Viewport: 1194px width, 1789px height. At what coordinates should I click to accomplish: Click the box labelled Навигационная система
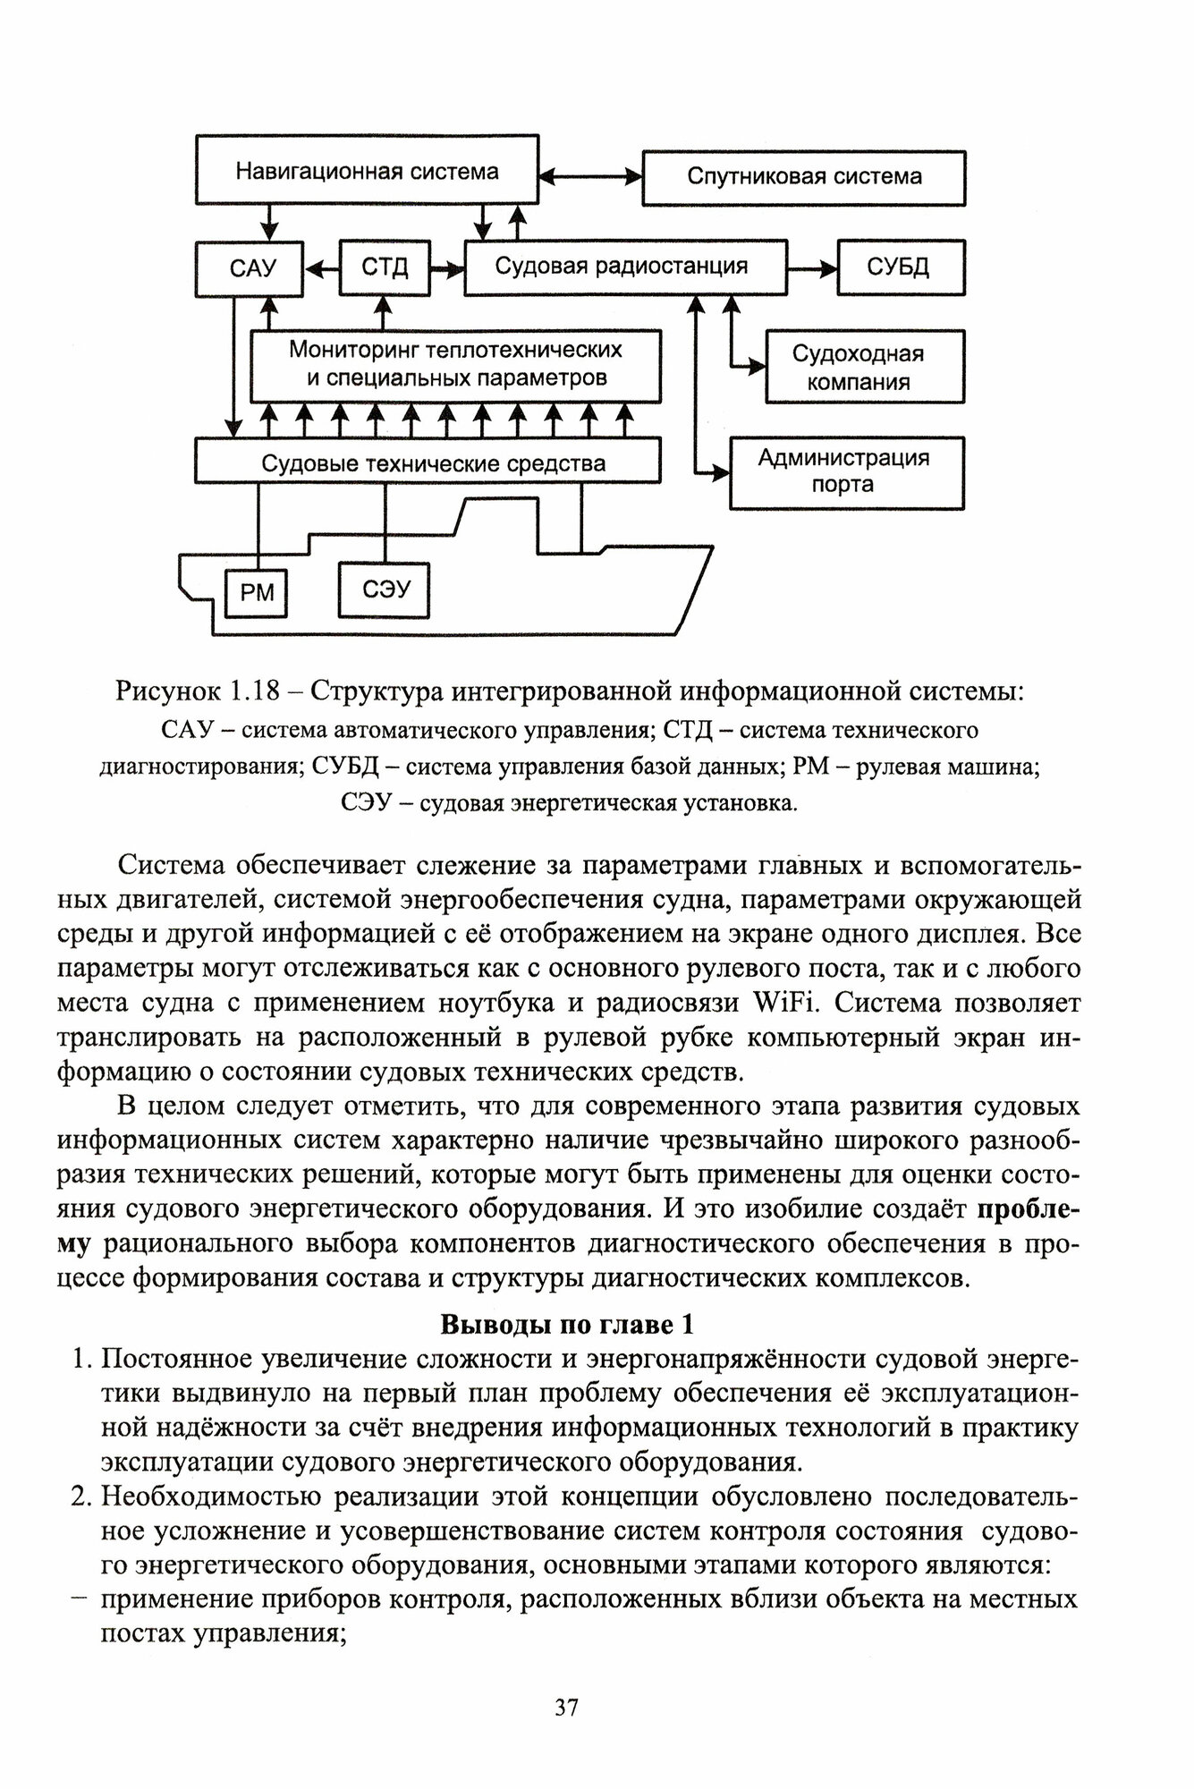pos(367,170)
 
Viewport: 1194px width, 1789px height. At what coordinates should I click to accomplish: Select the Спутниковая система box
pos(804,176)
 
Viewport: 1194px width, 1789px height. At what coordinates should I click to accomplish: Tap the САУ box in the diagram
pos(250,267)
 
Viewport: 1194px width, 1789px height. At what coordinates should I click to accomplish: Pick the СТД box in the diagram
pos(385,267)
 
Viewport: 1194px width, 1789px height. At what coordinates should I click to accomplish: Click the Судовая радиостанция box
pos(624,266)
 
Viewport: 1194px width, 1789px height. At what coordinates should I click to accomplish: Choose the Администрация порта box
pos(846,472)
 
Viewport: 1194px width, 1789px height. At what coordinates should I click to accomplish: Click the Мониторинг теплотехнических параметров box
pos(455,364)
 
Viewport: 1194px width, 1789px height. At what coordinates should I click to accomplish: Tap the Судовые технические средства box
pos(428,462)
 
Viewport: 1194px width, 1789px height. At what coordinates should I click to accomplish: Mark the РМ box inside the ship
pos(257,592)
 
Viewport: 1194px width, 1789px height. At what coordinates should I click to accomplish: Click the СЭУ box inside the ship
pos(385,589)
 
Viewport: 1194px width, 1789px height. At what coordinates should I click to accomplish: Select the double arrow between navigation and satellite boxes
pos(591,176)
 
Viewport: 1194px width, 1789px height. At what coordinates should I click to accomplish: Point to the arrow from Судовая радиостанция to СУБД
pos(812,267)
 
